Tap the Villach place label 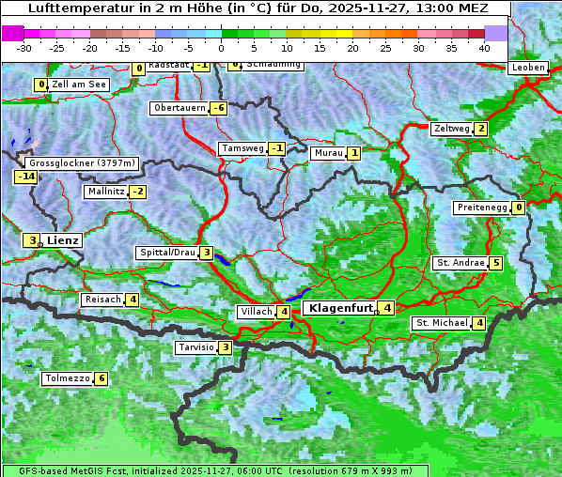256,312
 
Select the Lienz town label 63,240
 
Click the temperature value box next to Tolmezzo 101,379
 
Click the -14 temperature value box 25,177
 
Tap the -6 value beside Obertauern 219,108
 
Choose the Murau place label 328,153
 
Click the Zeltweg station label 451,129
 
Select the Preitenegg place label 483,208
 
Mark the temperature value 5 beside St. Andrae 495,263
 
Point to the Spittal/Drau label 167,253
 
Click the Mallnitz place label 105,192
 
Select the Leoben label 527,68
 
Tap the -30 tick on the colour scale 24,47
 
